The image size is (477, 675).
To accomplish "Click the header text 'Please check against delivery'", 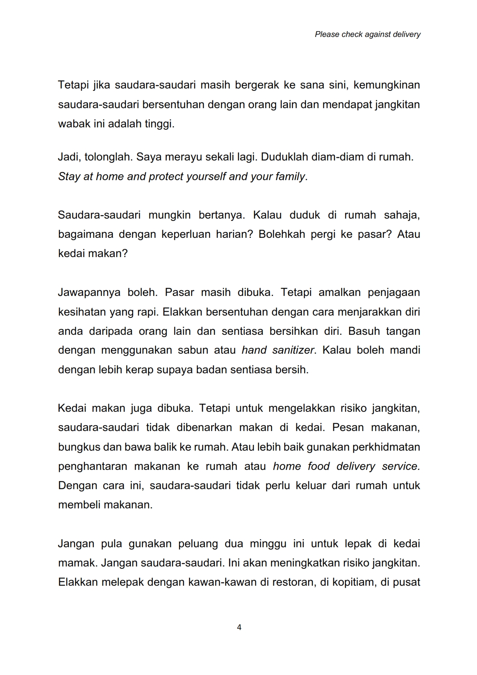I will click(x=367, y=34).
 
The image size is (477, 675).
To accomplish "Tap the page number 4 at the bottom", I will click(x=239, y=627).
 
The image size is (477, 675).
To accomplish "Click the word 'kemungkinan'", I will click(x=387, y=85).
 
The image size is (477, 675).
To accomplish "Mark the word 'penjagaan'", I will click(x=393, y=292).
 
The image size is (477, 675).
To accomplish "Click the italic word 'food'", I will click(x=318, y=466).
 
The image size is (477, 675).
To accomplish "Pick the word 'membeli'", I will click(x=79, y=505).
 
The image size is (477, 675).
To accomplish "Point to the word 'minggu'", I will click(x=268, y=543).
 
